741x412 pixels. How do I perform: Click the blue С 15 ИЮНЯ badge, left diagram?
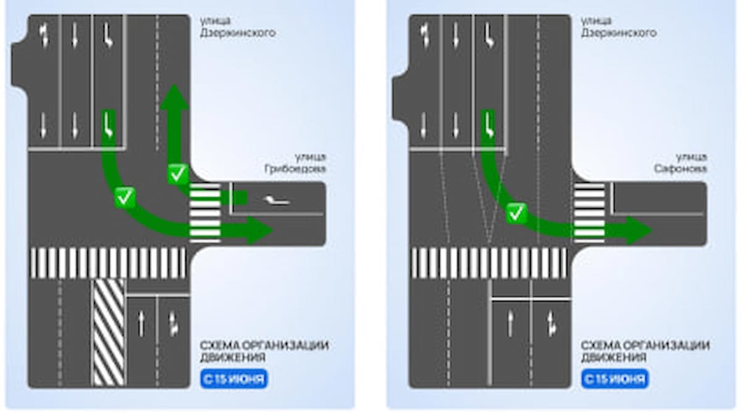pyautogui.click(x=234, y=378)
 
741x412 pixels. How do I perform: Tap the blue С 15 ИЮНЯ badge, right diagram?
pyautogui.click(x=614, y=378)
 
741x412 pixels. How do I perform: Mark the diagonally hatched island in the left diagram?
pyautogui.click(x=109, y=332)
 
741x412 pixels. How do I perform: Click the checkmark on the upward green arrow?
pyautogui.click(x=178, y=174)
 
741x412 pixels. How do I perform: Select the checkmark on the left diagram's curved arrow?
pyautogui.click(x=125, y=198)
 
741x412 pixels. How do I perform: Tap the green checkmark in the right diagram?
pyautogui.click(x=516, y=213)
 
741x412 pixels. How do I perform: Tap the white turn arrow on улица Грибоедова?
pyautogui.click(x=275, y=200)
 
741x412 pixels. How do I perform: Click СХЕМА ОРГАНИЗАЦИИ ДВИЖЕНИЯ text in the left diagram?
pyautogui.click(x=264, y=351)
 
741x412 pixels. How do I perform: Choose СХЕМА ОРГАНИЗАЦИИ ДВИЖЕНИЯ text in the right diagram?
pyautogui.click(x=645, y=351)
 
